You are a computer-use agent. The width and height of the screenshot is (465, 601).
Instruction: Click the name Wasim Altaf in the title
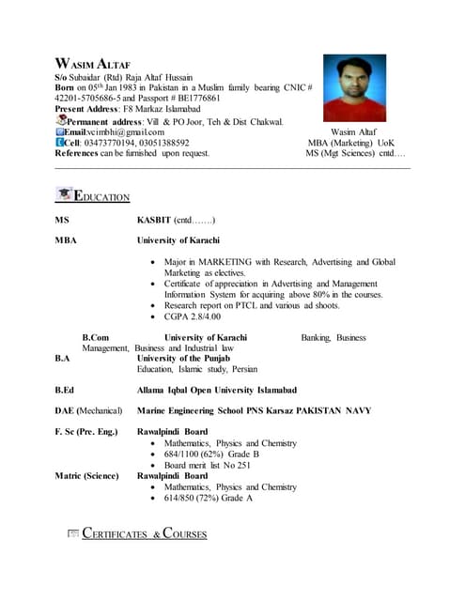[93, 61]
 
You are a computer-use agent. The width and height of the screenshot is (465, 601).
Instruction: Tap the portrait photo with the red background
[354, 88]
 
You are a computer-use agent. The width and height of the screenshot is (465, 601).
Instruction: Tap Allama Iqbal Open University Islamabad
[217, 390]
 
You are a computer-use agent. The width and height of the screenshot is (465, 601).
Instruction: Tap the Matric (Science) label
[86, 476]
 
